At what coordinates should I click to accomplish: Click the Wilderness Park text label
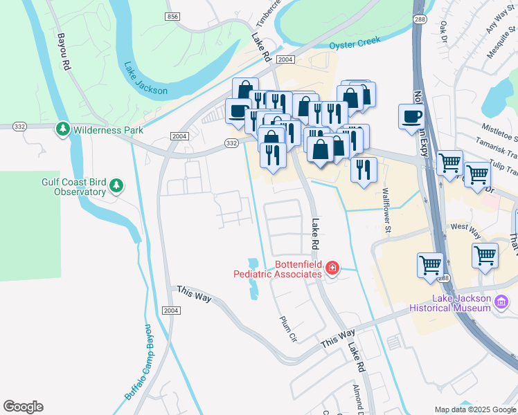pyautogui.click(x=108, y=129)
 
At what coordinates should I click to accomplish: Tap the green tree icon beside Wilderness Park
pyautogui.click(x=63, y=129)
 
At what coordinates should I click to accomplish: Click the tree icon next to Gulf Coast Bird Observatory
pyautogui.click(x=117, y=185)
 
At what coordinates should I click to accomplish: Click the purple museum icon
pyautogui.click(x=503, y=302)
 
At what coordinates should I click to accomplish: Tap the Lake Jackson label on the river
pyautogui.click(x=145, y=80)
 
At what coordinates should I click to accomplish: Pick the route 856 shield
pyautogui.click(x=173, y=15)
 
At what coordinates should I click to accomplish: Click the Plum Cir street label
pyautogui.click(x=287, y=328)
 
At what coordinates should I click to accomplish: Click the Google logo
pyautogui.click(x=23, y=407)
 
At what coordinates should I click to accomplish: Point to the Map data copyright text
pyautogui.click(x=475, y=409)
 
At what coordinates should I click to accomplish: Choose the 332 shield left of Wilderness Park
pyautogui.click(x=19, y=126)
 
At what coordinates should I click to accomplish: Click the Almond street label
pyautogui.click(x=357, y=399)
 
